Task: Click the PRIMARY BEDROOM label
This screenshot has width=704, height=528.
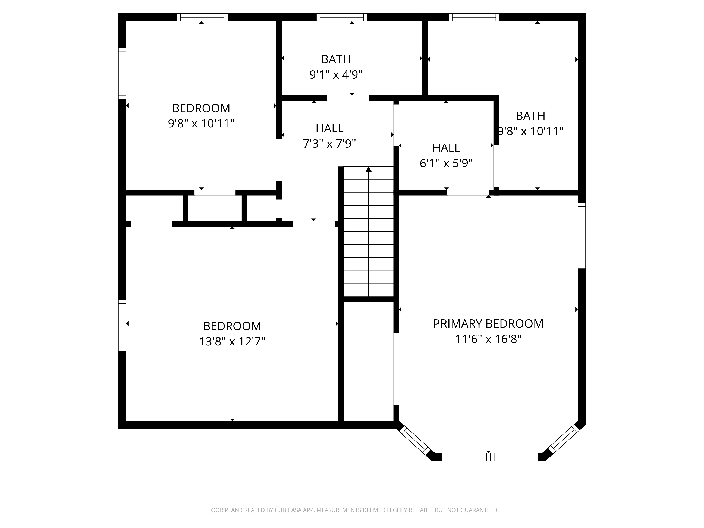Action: click(488, 324)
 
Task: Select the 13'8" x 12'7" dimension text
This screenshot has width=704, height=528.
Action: click(232, 341)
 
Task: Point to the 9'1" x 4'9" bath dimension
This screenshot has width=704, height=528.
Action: click(336, 75)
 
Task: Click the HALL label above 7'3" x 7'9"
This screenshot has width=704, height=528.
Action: click(329, 128)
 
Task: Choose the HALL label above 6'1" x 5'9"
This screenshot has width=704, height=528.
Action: click(446, 148)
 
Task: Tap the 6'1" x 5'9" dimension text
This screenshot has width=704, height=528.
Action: click(446, 163)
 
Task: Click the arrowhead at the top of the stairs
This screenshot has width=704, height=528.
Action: click(369, 170)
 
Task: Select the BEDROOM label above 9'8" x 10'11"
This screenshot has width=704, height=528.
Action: click(201, 108)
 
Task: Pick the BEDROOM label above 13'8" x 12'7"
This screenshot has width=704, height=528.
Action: click(232, 326)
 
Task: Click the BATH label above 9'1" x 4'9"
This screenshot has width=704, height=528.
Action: click(336, 59)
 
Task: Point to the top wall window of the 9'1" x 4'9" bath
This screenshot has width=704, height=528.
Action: click(342, 17)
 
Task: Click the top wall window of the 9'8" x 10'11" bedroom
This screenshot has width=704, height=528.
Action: click(202, 17)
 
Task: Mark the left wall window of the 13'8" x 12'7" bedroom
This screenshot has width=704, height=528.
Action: click(122, 325)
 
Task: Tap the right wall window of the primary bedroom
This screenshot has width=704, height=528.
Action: click(582, 235)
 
